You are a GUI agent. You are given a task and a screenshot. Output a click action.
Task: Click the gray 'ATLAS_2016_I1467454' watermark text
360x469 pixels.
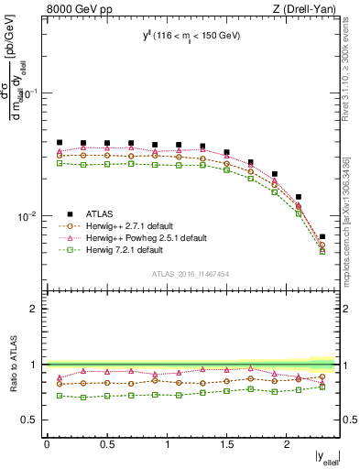click(191, 273)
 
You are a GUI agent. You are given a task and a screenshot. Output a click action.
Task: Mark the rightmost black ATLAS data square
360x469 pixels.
click(322, 237)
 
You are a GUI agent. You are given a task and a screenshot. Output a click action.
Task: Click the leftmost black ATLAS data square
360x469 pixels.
click(60, 143)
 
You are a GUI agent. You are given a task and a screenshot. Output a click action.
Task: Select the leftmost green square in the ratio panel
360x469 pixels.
click(60, 396)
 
